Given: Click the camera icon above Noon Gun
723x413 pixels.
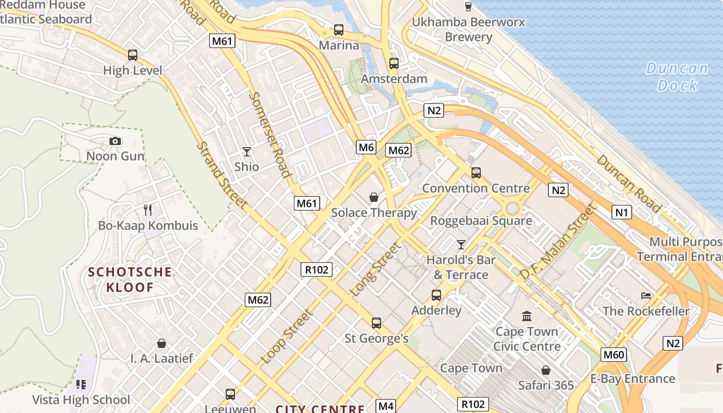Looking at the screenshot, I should (115, 141).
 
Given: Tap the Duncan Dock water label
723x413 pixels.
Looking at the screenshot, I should (677, 76).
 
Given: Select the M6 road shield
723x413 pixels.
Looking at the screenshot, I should (366, 148).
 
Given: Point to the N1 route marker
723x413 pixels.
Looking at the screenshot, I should (622, 212).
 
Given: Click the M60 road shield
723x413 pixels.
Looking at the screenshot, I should (614, 354).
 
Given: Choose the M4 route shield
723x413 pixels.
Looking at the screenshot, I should (386, 406).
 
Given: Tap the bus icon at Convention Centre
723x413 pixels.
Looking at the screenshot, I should (476, 172).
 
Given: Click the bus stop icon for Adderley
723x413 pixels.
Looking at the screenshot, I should (436, 295).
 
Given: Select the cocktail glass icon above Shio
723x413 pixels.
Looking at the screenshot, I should (247, 151).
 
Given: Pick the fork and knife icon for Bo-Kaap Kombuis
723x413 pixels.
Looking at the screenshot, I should (148, 210).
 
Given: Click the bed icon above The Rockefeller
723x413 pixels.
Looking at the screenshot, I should (646, 296).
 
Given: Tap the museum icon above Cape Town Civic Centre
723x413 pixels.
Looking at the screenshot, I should (527, 315).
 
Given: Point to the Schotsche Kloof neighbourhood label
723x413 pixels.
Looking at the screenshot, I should (130, 279).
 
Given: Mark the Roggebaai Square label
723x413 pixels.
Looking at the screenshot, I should (481, 221).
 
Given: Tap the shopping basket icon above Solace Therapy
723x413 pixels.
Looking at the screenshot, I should (374, 197).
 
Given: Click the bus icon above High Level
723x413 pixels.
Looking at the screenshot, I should (133, 55).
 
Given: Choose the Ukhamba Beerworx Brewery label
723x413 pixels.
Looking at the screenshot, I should (468, 29).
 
